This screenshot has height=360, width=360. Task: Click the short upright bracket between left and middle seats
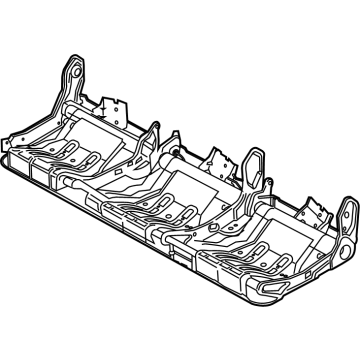[155, 135]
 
